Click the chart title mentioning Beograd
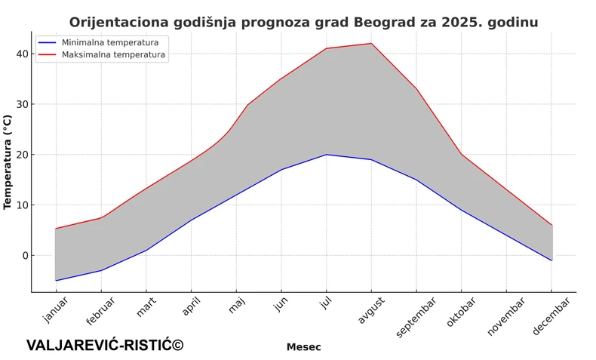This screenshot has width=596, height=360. (303, 22)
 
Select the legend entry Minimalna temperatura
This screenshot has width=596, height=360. (109, 42)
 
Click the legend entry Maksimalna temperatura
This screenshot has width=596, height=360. (113, 54)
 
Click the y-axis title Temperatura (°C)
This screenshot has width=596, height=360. (8, 162)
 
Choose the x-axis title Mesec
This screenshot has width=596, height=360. (303, 347)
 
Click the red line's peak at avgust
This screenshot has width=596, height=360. (371, 43)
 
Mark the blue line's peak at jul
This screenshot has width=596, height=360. (326, 155)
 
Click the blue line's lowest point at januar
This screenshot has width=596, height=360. (55, 281)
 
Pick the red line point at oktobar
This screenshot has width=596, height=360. (462, 155)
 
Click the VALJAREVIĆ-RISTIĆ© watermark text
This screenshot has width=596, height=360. (105, 345)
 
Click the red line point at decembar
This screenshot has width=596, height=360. (552, 225)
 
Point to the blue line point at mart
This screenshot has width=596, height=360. (146, 250)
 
